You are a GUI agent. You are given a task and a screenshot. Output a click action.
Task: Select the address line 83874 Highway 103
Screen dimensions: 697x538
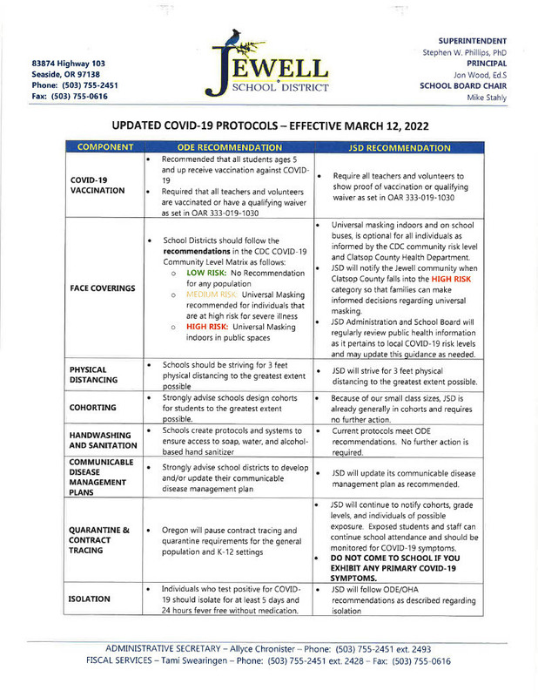pyautogui.click(x=70, y=64)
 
